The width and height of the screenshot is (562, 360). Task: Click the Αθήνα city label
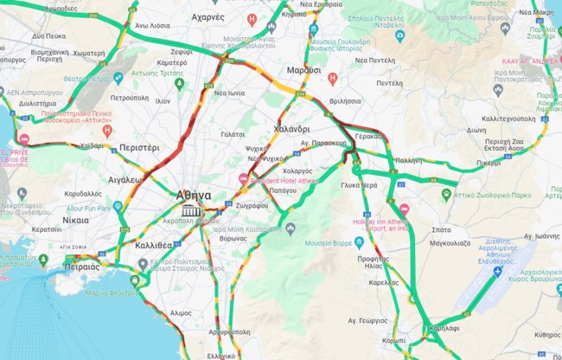192,195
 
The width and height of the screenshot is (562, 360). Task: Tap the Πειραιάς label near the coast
82,267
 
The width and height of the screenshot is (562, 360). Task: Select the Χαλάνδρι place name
291,129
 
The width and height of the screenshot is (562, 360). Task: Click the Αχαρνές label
208,16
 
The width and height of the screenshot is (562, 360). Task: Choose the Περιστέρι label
139,148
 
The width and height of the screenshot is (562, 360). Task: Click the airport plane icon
497,272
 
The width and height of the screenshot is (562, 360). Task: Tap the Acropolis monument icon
192,210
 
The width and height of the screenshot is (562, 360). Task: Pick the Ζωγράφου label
250,206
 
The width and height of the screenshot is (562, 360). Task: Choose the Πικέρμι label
488,162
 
